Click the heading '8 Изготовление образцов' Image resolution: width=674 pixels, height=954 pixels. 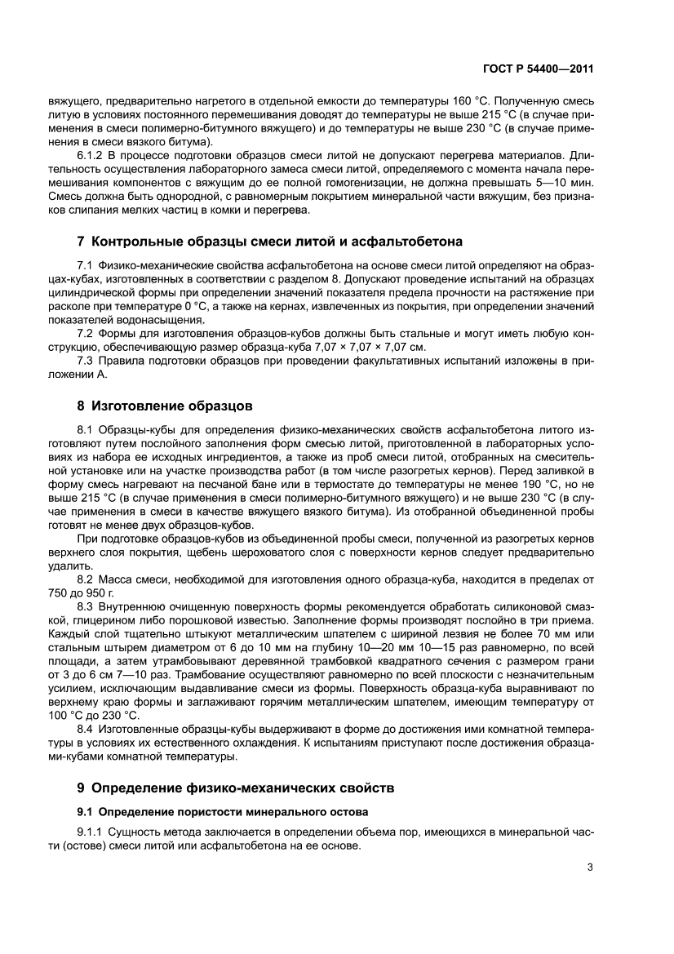click(164, 405)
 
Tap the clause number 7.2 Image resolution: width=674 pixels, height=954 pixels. click(86, 334)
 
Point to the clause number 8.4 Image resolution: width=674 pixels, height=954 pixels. click(86, 729)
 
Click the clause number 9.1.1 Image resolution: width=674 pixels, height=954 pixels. click(91, 832)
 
